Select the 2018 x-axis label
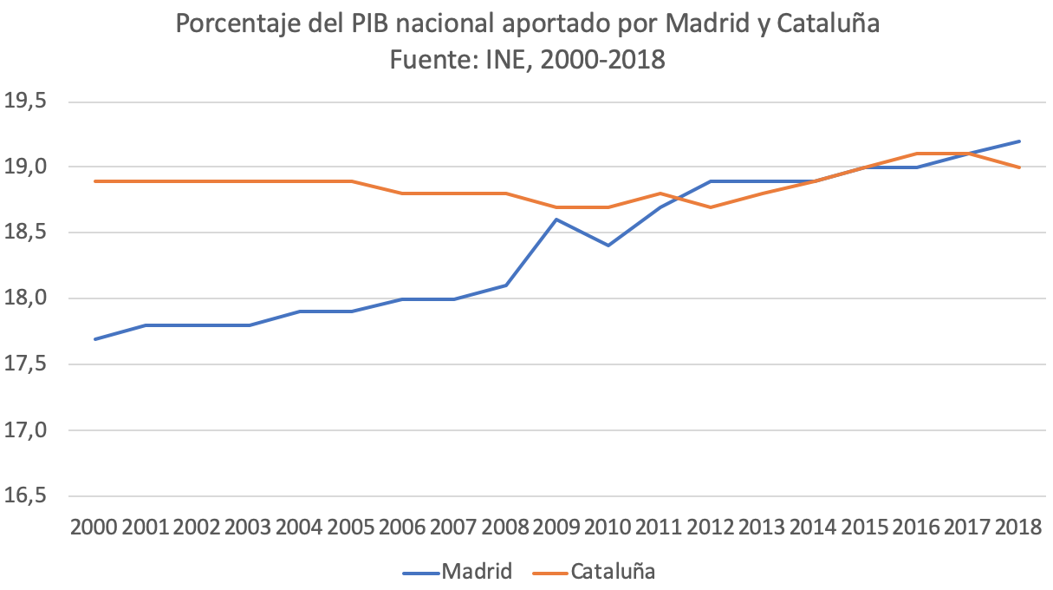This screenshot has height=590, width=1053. tap(1018, 528)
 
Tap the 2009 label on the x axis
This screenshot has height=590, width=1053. tap(556, 528)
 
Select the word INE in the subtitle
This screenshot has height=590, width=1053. tap(517, 60)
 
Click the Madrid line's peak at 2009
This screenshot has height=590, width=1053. tap(556, 220)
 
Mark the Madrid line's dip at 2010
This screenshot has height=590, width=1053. tap(608, 246)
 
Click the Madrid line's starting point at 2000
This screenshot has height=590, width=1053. tap(95, 338)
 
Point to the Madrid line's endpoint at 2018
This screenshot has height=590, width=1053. tap(1018, 141)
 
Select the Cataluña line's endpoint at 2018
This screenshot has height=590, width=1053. tap(1018, 167)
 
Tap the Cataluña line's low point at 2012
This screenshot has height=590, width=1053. tap(711, 207)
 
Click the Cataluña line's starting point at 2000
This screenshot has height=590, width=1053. tap(95, 181)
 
